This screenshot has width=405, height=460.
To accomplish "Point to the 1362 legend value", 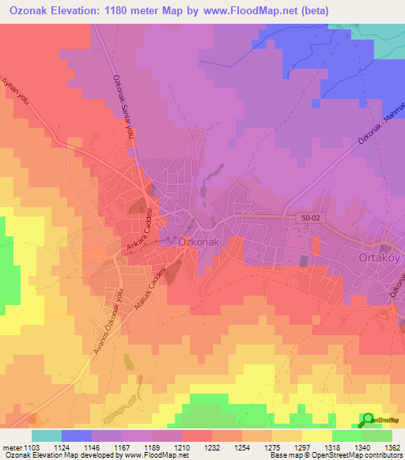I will (x=381, y=447).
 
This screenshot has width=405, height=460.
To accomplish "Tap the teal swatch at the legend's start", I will (x=47, y=435).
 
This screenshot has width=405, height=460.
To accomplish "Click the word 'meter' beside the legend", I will (x=10, y=447).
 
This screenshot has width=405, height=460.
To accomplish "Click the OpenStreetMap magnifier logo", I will (x=369, y=420).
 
